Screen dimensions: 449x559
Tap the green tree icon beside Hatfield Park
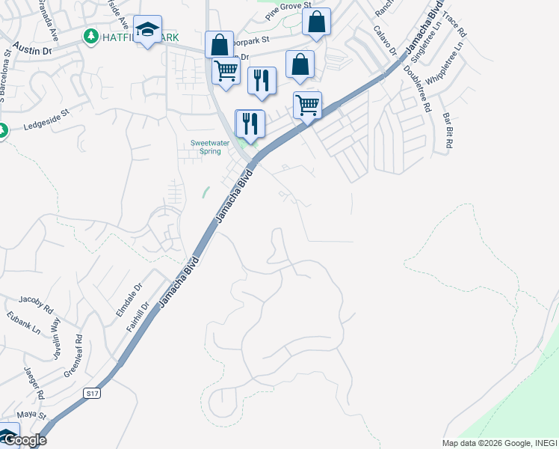pyautogui.click(x=91, y=36)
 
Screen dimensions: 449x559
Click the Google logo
pyautogui.click(x=24, y=440)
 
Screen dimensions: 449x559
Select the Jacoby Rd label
pyautogui.click(x=36, y=302)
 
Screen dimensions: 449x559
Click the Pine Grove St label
pyautogui.click(x=287, y=7)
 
